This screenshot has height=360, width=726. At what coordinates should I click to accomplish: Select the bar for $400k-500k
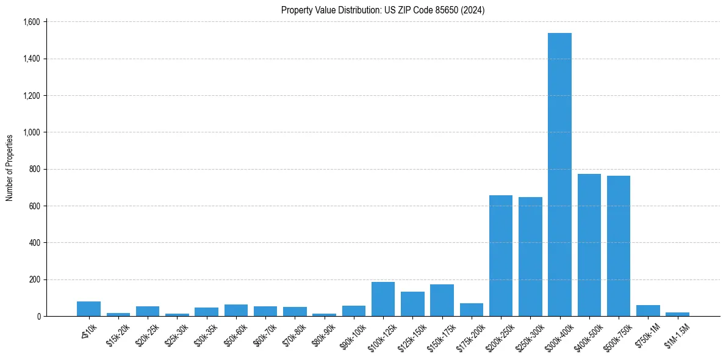589,245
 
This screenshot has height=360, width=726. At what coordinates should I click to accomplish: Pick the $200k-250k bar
501,256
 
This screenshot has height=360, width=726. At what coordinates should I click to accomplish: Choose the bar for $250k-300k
530,256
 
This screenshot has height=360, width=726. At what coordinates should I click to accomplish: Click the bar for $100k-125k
383,299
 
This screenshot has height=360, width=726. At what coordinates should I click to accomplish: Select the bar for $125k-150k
412,304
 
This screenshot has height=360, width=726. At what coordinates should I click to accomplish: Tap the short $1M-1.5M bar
677,314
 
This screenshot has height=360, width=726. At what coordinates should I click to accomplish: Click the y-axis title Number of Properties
10,168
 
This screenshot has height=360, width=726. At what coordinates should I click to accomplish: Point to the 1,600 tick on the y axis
31,22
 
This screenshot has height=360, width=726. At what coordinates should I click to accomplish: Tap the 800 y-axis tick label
34,169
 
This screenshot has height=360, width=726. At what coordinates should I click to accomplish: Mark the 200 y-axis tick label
34,279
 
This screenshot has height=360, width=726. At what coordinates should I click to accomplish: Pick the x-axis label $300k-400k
558,335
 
